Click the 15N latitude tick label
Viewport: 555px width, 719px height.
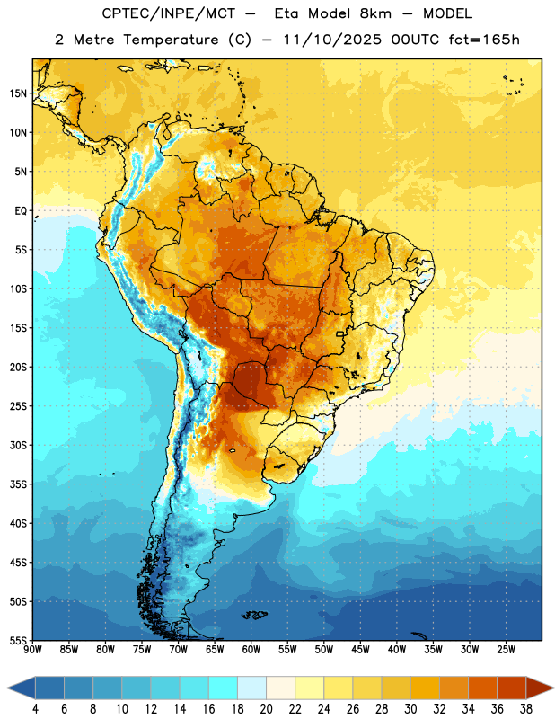(18, 93)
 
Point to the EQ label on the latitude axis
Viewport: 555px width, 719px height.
(21, 211)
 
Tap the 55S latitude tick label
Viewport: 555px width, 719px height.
(18, 640)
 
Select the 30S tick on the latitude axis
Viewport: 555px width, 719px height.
(18, 445)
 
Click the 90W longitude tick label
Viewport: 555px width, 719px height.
(32, 649)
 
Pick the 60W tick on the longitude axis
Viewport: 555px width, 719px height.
(251, 649)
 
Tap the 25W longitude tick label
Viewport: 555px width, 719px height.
(506, 649)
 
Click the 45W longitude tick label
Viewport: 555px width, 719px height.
(360, 649)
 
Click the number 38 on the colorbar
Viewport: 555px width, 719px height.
(526, 709)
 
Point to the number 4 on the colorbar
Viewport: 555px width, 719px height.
(35, 709)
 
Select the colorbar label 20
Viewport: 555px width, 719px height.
(266, 709)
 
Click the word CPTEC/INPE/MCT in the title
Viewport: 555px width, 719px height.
(168, 13)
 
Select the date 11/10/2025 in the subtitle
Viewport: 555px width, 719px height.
(332, 40)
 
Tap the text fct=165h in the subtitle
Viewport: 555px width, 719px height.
(484, 40)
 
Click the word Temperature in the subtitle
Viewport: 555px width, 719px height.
(171, 40)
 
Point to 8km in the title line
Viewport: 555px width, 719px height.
(375, 13)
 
